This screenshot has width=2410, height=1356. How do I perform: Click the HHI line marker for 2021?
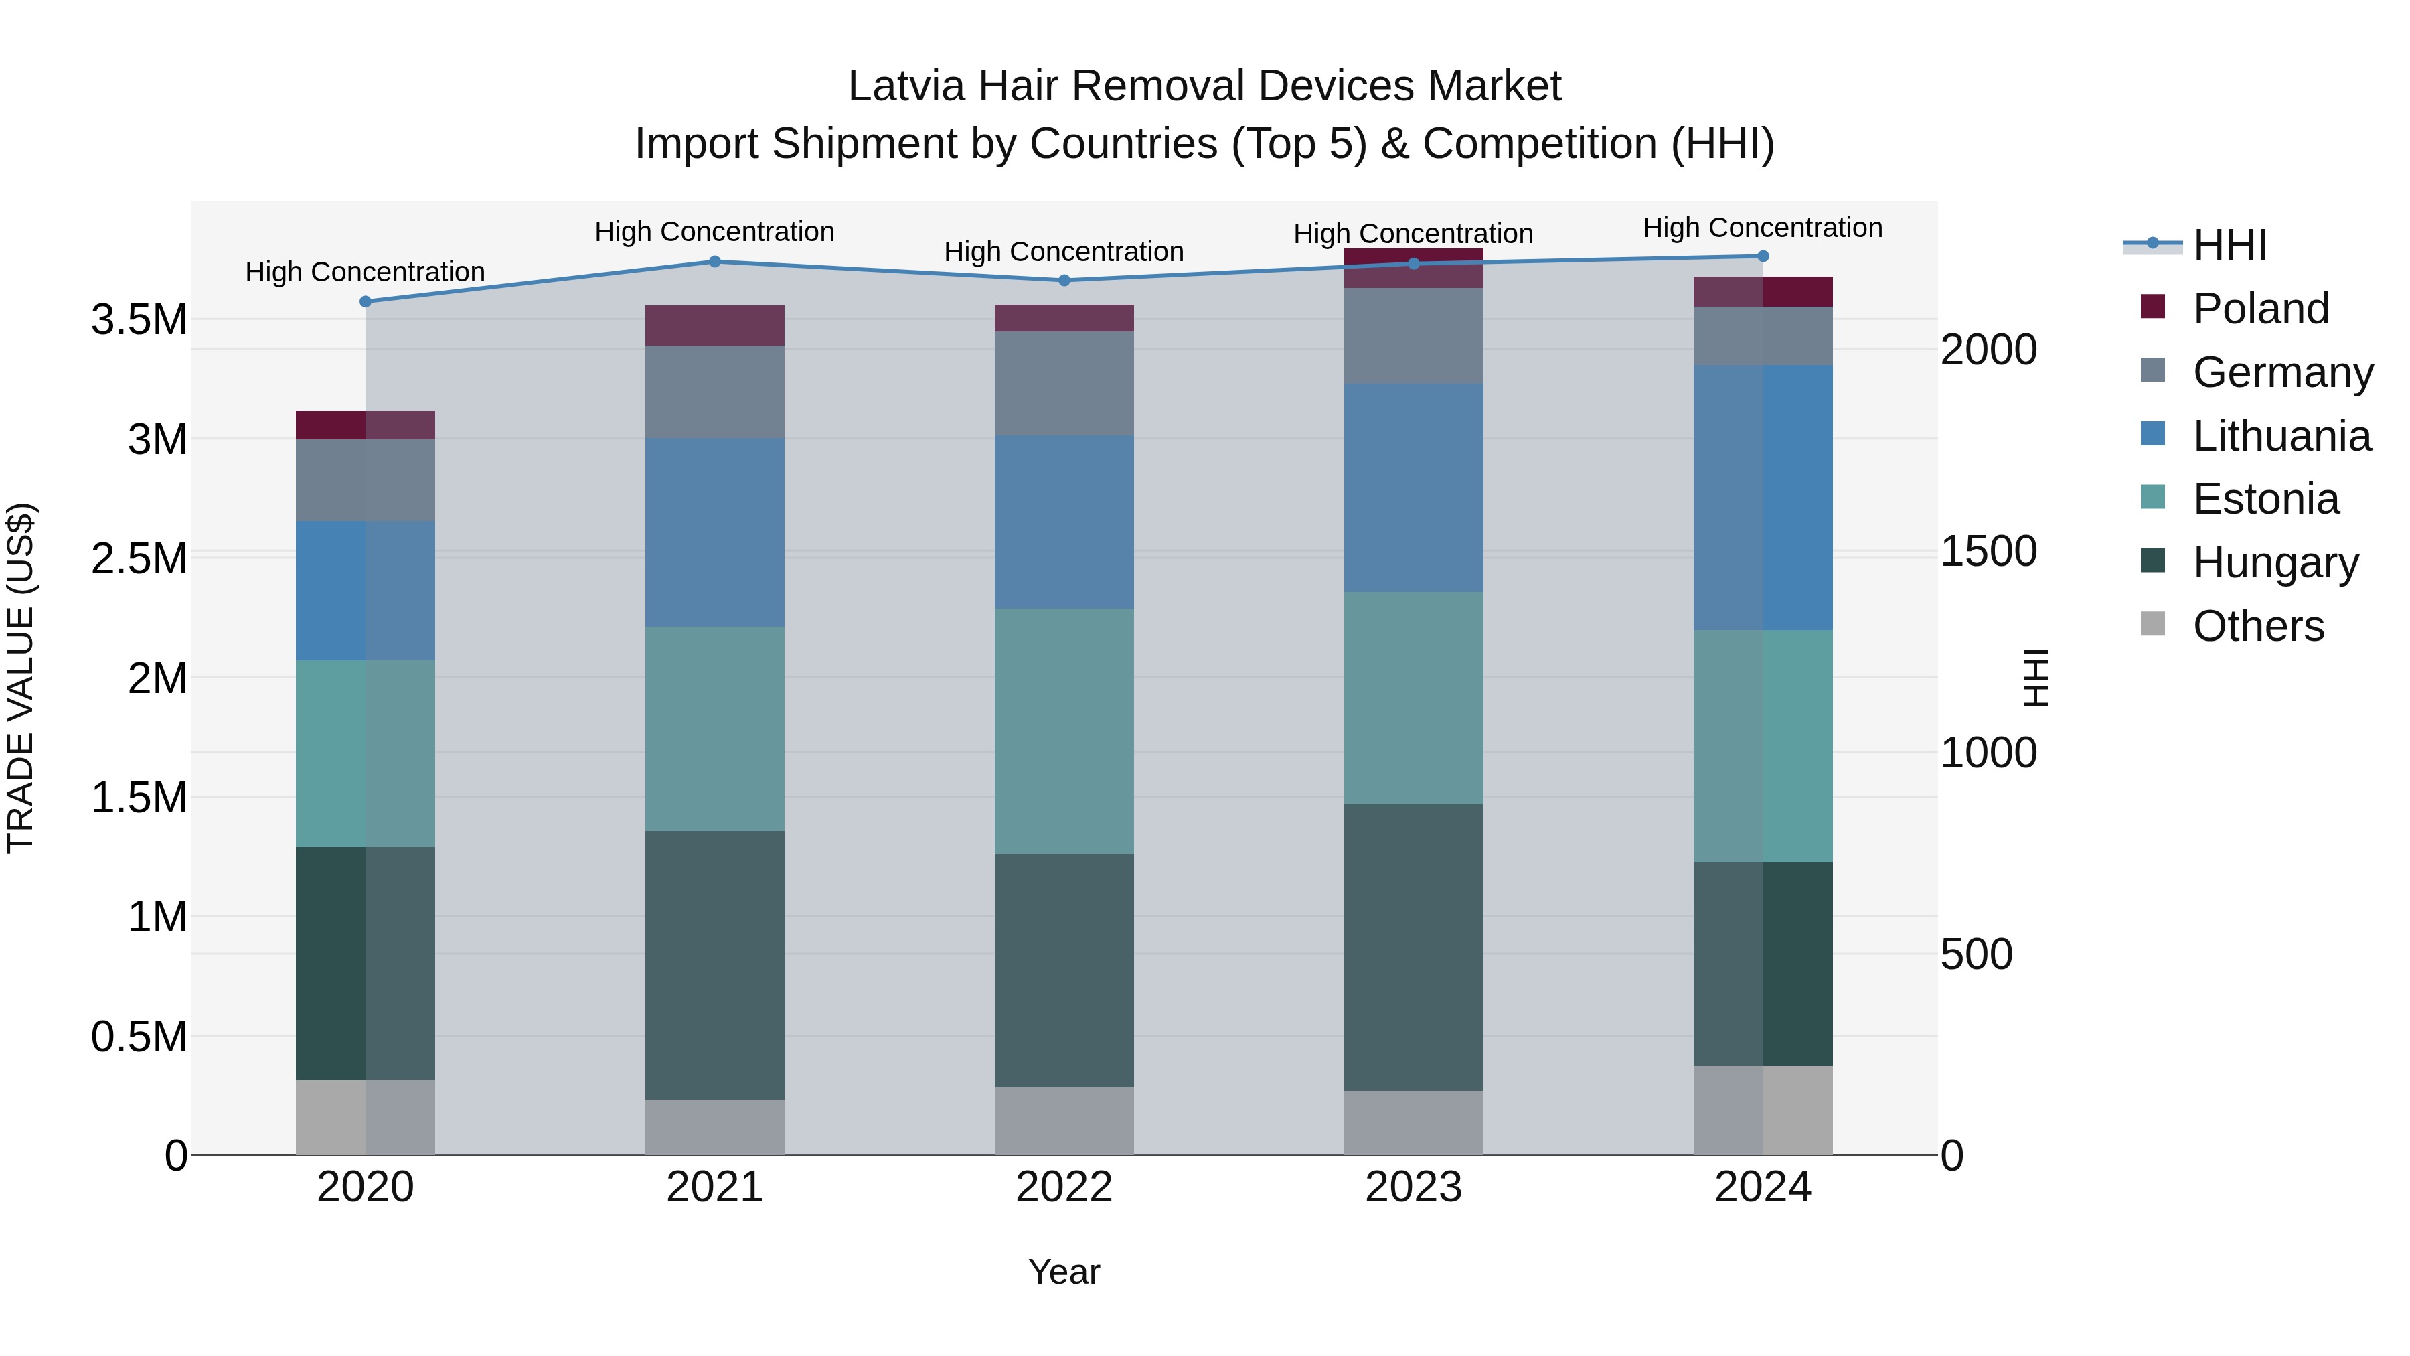point(715,261)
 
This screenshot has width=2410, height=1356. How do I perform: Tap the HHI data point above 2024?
point(1763,256)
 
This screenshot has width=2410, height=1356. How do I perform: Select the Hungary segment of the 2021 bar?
point(715,965)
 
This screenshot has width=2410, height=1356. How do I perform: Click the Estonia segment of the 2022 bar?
point(1064,731)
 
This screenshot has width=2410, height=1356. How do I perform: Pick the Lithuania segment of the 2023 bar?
point(1414,487)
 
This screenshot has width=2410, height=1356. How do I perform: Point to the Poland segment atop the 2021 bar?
point(715,325)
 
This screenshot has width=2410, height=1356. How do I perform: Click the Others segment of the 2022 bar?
point(1064,1121)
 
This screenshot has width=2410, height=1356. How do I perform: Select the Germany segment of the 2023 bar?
point(1414,336)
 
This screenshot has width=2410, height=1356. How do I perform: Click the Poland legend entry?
point(2259,309)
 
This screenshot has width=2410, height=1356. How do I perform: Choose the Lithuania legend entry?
point(2280,436)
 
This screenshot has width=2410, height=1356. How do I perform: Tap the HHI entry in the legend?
point(2229,245)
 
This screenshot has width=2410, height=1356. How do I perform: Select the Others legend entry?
point(2257,626)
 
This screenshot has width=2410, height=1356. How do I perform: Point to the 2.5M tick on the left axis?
point(139,558)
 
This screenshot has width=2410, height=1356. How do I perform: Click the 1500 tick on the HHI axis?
point(1988,551)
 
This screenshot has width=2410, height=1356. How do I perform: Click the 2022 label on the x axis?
point(1064,1187)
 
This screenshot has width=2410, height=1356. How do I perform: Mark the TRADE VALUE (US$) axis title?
point(21,678)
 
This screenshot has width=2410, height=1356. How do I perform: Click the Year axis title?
point(1064,1272)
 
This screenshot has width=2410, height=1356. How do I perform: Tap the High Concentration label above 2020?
point(365,273)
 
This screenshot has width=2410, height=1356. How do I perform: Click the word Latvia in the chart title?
point(906,86)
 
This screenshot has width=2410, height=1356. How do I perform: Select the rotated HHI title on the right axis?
point(2036,678)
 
